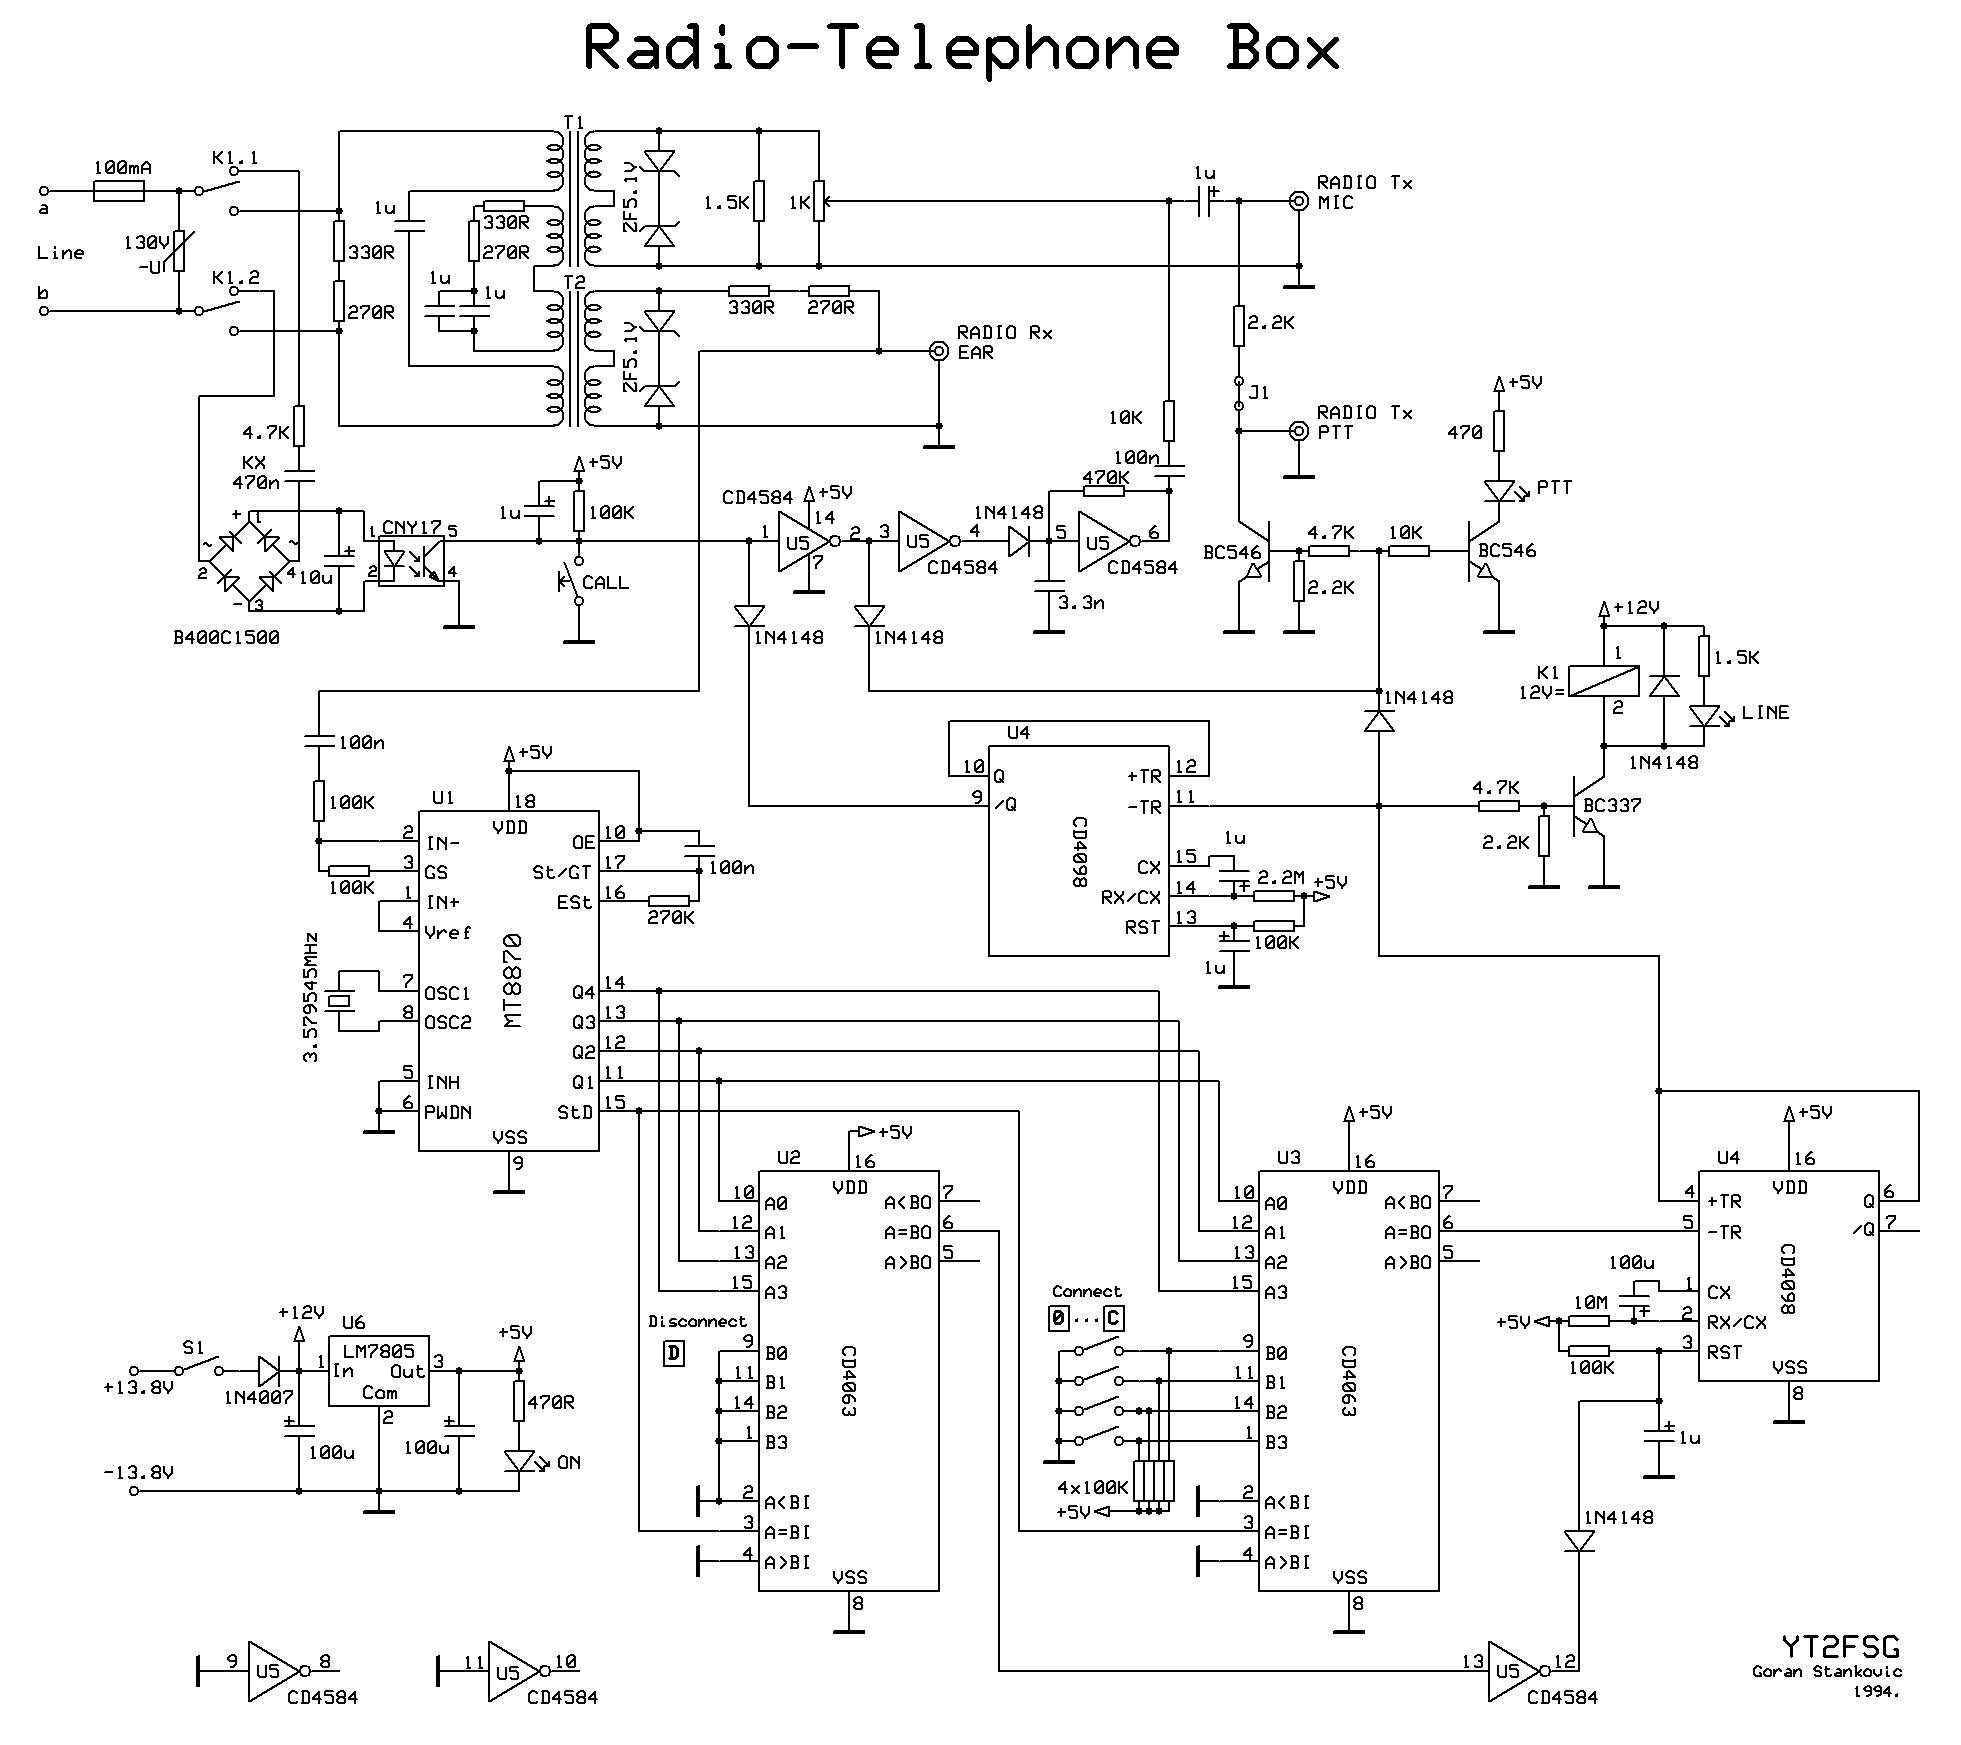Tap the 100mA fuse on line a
pos(121,190)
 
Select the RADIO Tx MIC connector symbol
pos(1298,201)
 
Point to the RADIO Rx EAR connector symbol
pos(938,351)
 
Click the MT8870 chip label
pos(512,980)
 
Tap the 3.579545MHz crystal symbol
pos(342,1000)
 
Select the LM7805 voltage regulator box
pos(379,1371)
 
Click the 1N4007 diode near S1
pos(269,1371)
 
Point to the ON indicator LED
pos(519,1461)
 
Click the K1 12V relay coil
pos(1603,681)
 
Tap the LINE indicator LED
pos(1702,715)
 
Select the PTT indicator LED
pos(1498,490)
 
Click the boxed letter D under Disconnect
pos(675,1354)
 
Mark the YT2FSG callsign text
pos(1840,1647)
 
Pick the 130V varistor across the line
pos(178,251)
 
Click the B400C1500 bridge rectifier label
pos(226,637)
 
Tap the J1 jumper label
pos(1259,392)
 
